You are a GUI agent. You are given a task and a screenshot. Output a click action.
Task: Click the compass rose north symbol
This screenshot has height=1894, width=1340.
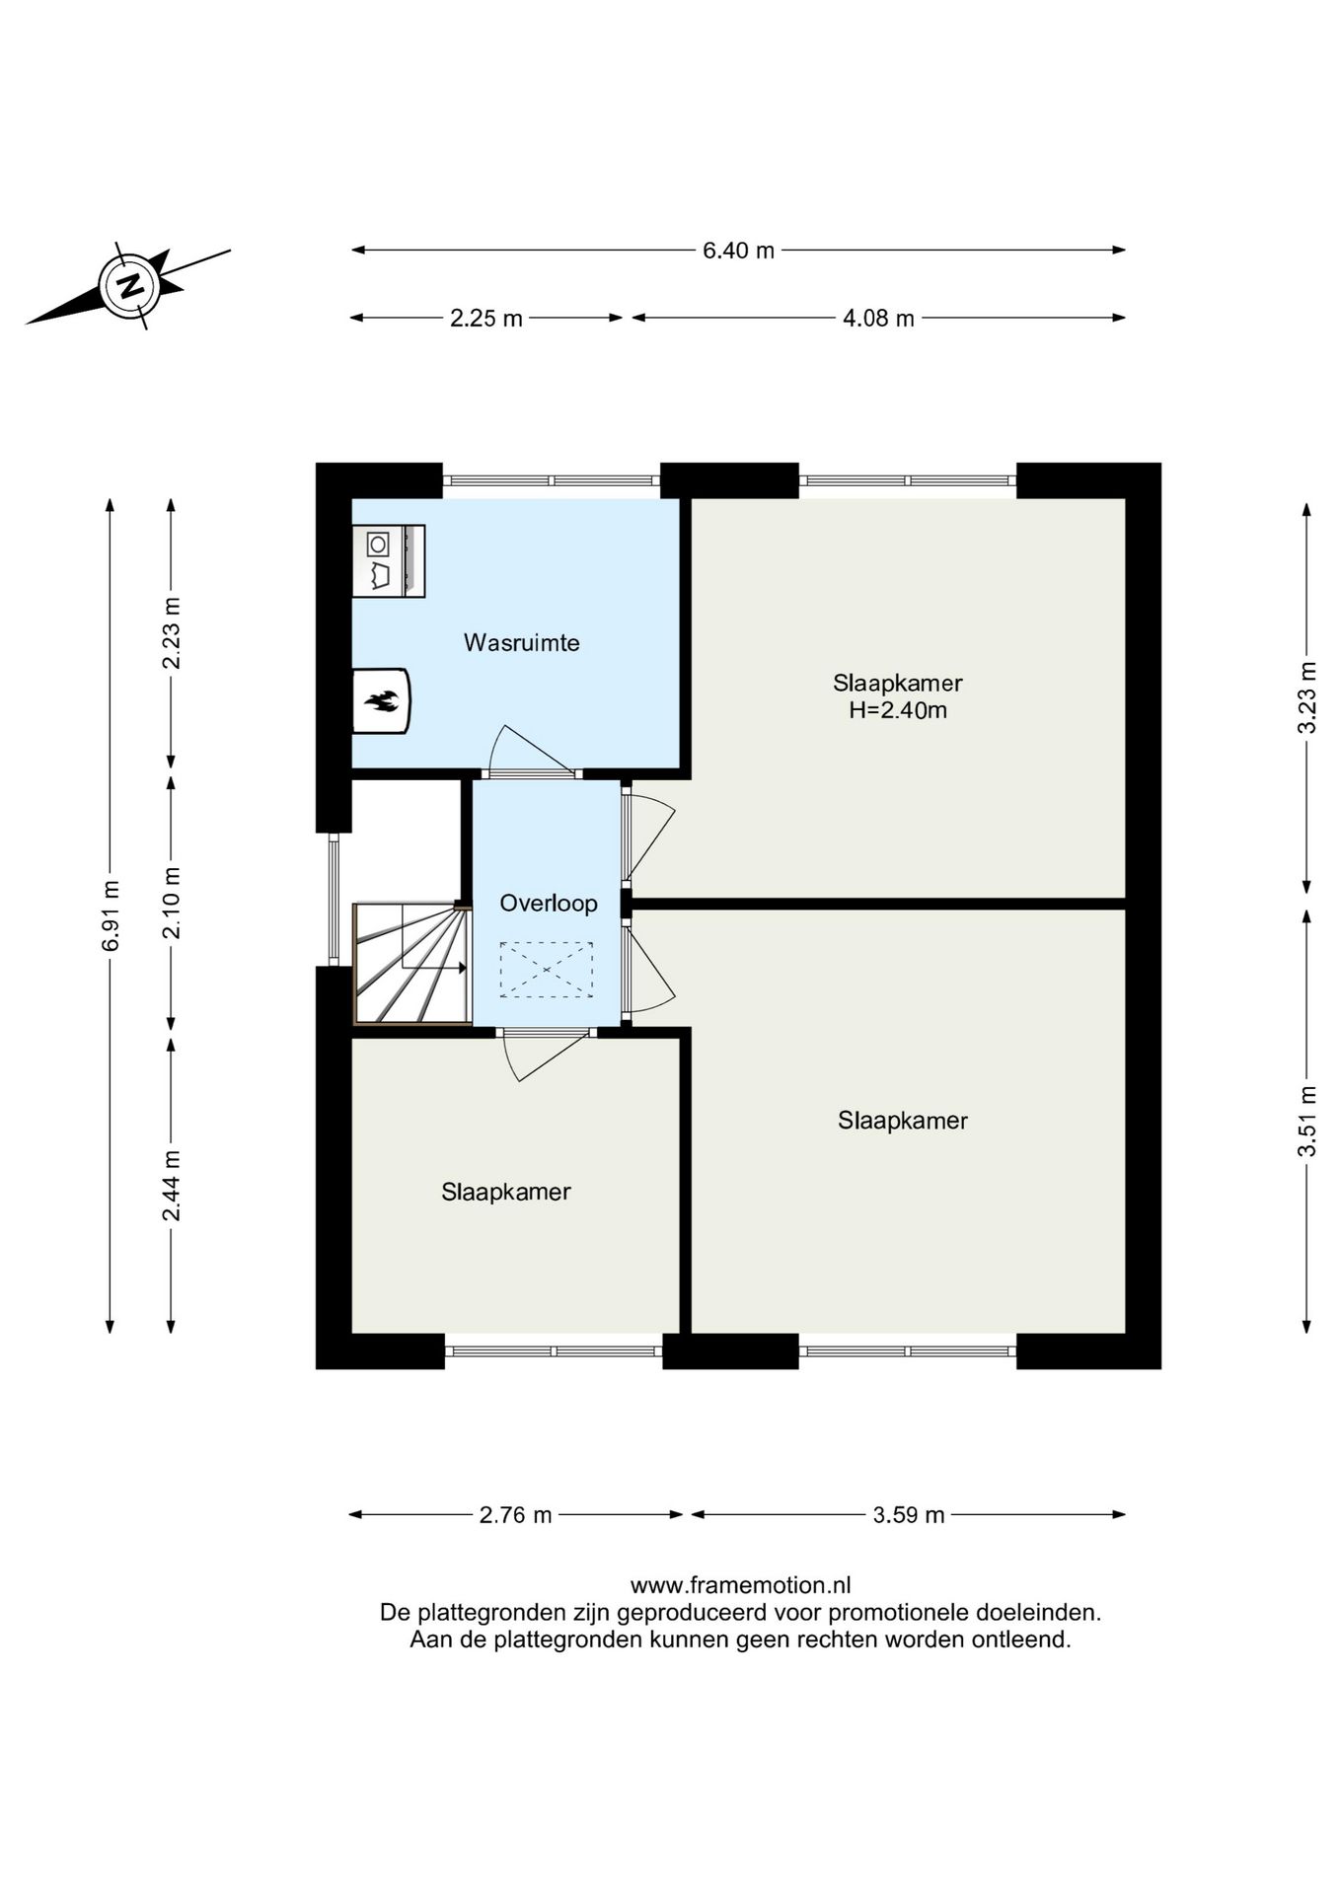click(128, 286)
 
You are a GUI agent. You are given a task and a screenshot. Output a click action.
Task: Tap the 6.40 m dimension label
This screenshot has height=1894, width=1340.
click(738, 251)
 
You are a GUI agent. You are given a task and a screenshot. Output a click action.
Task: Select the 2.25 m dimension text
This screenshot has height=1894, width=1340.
click(485, 319)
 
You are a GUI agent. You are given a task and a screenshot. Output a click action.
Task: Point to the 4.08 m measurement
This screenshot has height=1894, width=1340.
click(878, 319)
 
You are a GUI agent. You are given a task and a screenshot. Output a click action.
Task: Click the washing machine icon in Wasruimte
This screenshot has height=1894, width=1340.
click(389, 560)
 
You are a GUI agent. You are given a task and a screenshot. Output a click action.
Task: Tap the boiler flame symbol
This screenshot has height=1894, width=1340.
click(381, 701)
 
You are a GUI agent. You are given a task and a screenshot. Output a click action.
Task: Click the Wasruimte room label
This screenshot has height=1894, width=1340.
click(522, 643)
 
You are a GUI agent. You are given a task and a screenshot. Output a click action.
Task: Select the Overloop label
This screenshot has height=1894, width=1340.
click(549, 904)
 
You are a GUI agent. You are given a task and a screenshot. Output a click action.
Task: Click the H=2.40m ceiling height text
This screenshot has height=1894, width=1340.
click(898, 710)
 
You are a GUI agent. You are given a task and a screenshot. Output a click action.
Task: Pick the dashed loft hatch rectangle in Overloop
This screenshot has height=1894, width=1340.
click(547, 971)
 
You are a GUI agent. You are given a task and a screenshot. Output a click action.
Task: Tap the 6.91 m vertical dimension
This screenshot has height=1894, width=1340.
click(111, 916)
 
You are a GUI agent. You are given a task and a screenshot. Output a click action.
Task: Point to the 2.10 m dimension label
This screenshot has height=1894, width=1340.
click(172, 903)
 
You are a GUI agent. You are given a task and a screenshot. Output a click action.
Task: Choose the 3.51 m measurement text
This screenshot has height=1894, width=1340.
click(1307, 1122)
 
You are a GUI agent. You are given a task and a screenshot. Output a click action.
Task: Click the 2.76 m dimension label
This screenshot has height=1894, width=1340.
click(515, 1515)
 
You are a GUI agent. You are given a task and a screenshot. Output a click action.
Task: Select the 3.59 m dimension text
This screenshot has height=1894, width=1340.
click(909, 1515)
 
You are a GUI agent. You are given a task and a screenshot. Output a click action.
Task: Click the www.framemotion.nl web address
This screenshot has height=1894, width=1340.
click(740, 1586)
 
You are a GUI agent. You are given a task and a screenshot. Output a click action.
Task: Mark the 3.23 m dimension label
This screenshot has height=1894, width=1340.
click(1307, 697)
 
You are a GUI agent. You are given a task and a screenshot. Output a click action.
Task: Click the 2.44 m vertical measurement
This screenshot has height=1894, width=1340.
click(172, 1185)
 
